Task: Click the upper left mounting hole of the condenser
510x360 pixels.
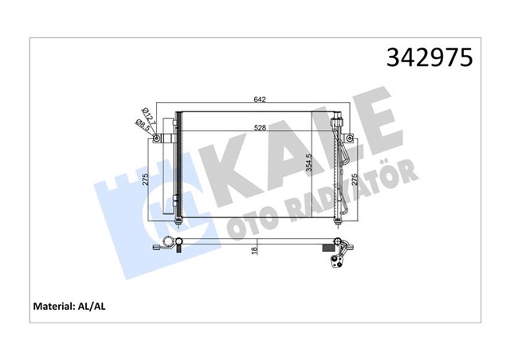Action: (x=157, y=139)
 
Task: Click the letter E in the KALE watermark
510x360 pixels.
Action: (x=375, y=119)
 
